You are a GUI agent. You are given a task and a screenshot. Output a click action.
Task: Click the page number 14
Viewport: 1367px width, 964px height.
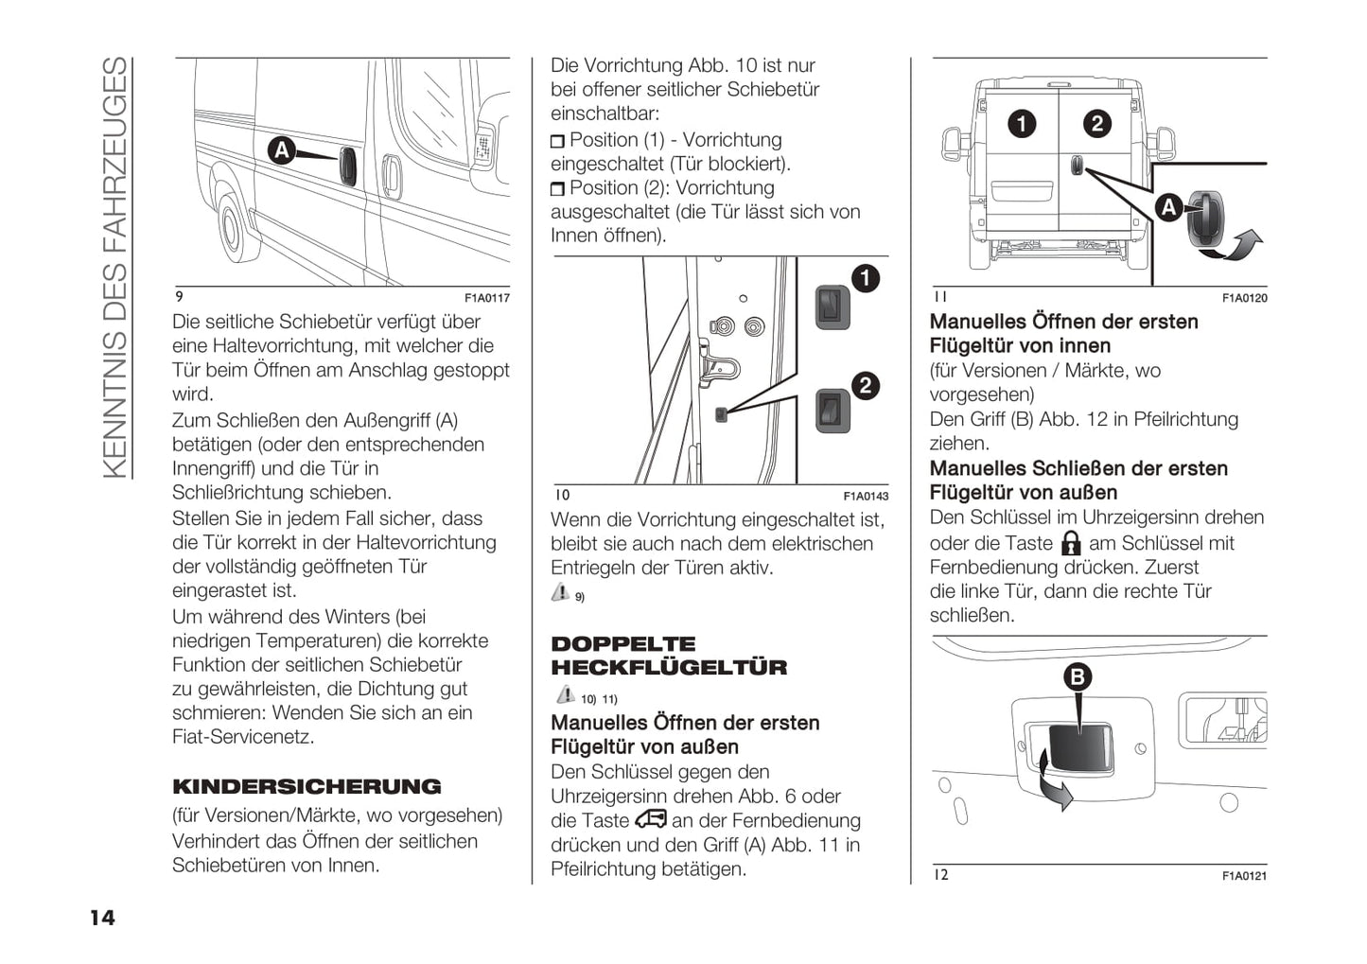point(102,917)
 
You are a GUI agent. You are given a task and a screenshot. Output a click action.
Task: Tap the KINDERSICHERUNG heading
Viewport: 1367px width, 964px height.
point(307,787)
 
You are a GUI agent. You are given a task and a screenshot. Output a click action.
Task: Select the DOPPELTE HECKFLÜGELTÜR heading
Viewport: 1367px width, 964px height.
point(669,656)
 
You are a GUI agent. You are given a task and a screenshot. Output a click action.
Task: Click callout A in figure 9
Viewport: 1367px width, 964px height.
point(281,149)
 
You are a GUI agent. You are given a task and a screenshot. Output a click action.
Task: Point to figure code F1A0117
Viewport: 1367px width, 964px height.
point(486,298)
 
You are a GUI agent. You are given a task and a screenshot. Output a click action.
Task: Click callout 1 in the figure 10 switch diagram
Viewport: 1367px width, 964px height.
point(865,278)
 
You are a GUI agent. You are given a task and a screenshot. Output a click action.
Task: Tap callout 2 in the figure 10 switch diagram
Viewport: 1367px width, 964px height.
point(865,385)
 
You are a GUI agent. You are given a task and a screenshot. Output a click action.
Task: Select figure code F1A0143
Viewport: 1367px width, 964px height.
point(866,496)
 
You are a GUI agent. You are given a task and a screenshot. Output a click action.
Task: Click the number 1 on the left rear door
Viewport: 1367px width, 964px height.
point(1022,124)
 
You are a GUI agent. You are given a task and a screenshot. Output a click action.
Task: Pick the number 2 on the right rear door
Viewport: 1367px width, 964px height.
point(1096,124)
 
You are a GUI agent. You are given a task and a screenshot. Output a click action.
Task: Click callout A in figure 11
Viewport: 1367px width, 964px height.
point(1169,207)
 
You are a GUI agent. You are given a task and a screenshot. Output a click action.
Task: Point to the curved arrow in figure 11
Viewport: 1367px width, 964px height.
point(1240,245)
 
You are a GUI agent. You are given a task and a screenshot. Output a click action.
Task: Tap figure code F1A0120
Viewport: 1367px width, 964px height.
point(1244,298)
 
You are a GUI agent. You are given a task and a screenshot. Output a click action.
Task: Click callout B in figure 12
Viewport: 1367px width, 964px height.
point(1077,676)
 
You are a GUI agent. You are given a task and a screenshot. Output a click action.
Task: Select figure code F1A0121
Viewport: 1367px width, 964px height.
point(1244,876)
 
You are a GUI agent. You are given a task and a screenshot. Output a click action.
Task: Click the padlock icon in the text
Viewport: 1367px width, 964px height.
point(1071,543)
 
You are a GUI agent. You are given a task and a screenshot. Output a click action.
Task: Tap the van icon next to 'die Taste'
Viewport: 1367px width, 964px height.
point(651,819)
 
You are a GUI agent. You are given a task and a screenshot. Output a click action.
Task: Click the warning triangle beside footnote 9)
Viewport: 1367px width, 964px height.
point(560,593)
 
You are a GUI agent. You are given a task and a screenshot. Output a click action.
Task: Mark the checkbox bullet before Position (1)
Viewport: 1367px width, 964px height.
point(557,142)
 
